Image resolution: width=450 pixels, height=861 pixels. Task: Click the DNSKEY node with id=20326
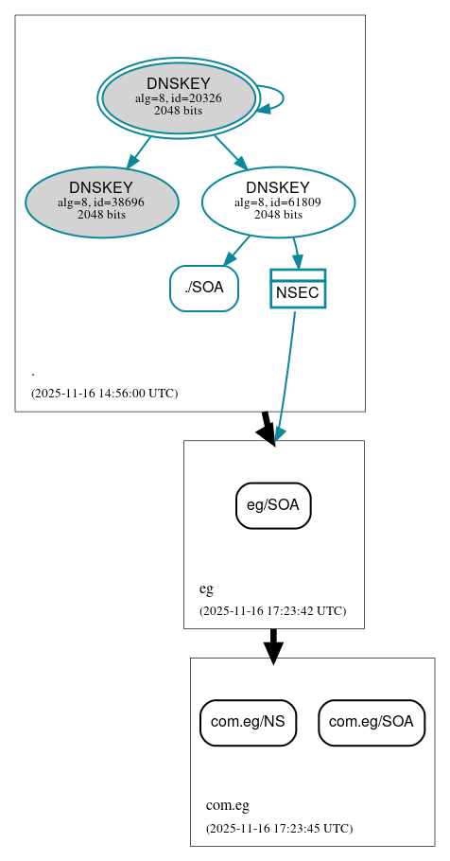(178, 97)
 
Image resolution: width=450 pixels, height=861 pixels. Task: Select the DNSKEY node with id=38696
(102, 202)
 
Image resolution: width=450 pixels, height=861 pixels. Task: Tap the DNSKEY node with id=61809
(278, 202)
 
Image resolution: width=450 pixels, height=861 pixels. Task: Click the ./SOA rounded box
(203, 288)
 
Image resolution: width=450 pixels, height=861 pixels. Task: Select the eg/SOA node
(273, 505)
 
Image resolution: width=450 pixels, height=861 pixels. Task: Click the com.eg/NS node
(248, 722)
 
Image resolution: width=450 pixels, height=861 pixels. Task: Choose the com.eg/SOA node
(372, 722)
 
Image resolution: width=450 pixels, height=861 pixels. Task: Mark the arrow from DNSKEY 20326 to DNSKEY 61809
(230, 151)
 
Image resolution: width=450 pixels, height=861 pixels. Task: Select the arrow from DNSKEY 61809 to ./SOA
(237, 251)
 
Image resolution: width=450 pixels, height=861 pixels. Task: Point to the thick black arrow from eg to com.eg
(273, 645)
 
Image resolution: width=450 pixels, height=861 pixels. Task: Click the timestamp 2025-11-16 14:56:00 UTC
(104, 393)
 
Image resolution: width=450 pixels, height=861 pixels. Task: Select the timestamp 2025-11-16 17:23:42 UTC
(272, 610)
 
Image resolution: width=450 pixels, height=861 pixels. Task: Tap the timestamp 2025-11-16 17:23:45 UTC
(279, 828)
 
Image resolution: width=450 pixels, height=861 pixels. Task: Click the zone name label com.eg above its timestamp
(228, 806)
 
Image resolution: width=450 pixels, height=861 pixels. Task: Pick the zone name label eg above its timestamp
(206, 589)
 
